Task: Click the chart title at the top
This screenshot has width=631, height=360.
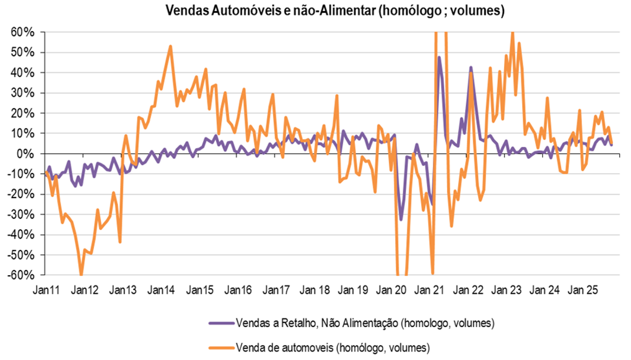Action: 334,11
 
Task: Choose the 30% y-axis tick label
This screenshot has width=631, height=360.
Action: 24,92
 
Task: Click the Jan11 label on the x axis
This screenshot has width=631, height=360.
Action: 46,289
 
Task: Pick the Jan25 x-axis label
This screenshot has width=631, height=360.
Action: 584,289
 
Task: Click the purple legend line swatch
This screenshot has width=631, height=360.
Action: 220,323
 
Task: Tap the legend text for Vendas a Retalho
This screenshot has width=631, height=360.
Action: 365,323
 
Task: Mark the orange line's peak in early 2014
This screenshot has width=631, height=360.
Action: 170,46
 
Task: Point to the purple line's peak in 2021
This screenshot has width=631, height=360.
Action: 439,58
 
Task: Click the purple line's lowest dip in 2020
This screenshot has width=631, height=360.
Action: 401,219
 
